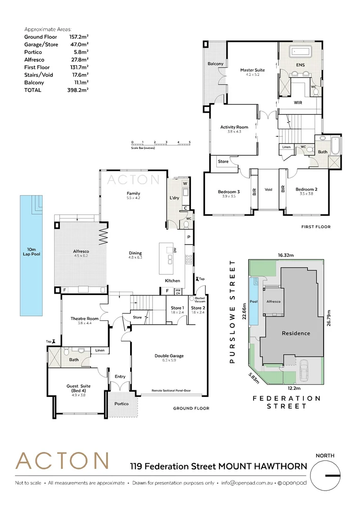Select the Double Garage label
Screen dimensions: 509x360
tap(169, 356)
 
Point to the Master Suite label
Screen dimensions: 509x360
tap(253, 70)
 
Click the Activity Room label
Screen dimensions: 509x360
tap(234, 127)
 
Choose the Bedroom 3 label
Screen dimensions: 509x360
tap(229, 191)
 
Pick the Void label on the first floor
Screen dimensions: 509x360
tap(269, 189)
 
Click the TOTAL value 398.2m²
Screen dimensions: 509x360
tap(78, 90)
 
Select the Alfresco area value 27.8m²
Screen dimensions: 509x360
tap(78, 60)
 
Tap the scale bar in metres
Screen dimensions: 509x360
tap(161, 144)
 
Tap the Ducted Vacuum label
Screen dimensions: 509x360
tap(199, 299)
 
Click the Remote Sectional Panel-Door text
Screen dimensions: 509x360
tap(171, 391)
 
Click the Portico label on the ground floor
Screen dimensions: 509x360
tap(121, 403)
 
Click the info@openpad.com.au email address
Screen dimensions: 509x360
tap(247, 483)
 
